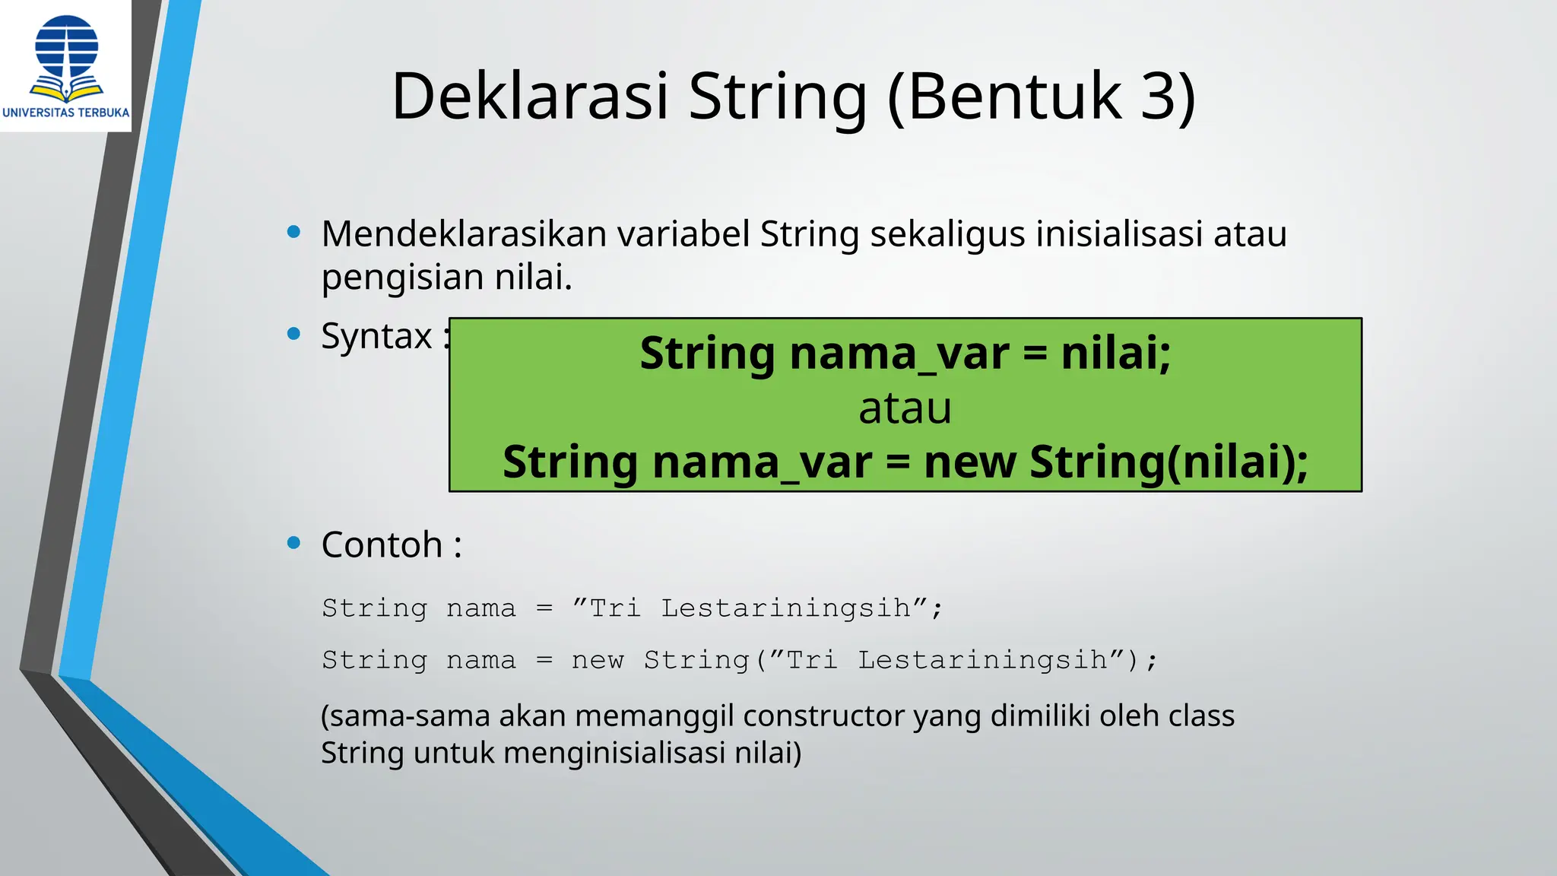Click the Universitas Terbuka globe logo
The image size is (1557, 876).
pyautogui.click(x=67, y=56)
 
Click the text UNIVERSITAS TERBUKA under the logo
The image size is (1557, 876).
pyautogui.click(x=66, y=113)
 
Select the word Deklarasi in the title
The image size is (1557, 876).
pyautogui.click(x=529, y=97)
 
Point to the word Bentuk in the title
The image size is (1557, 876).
pyautogui.click(x=1015, y=97)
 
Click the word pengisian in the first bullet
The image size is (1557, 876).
pyautogui.click(x=401, y=277)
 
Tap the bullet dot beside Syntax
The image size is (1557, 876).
pyautogui.click(x=294, y=334)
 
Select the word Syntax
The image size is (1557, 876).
pyautogui.click(x=376, y=336)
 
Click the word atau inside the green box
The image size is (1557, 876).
pyautogui.click(x=905, y=408)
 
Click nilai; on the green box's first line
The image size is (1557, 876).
pyautogui.click(x=1115, y=354)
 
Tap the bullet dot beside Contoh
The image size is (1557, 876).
pyautogui.click(x=294, y=543)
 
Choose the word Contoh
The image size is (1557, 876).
pyautogui.click(x=382, y=544)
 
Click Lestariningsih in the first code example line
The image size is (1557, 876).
pyautogui.click(x=785, y=608)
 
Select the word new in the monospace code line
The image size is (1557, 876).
pyautogui.click(x=598, y=660)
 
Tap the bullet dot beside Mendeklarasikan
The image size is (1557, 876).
pyautogui.click(x=294, y=232)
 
